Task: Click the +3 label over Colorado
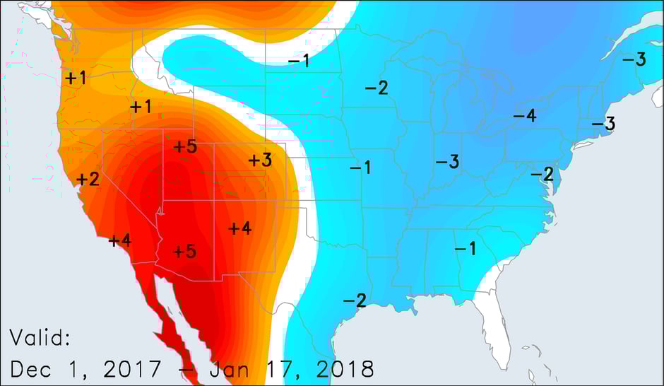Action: (259, 160)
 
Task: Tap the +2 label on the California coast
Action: (88, 180)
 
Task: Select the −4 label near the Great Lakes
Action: (524, 116)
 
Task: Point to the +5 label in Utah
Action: (184, 147)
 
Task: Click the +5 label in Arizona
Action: (184, 251)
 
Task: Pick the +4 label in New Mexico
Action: (239, 228)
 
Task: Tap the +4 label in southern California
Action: (120, 240)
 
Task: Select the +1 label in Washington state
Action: (76, 78)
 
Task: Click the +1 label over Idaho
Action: (141, 107)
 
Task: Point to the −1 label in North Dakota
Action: (299, 61)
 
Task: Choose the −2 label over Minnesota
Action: (376, 88)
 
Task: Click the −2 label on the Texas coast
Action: (354, 300)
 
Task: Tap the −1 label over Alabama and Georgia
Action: (464, 248)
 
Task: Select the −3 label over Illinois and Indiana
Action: (447, 162)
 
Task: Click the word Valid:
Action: (40, 338)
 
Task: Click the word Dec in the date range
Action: (30, 368)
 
